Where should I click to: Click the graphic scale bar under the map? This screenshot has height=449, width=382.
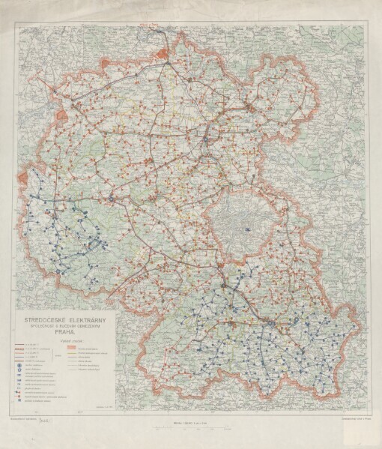[191, 430]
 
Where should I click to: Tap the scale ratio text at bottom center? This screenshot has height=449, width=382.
[191, 424]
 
